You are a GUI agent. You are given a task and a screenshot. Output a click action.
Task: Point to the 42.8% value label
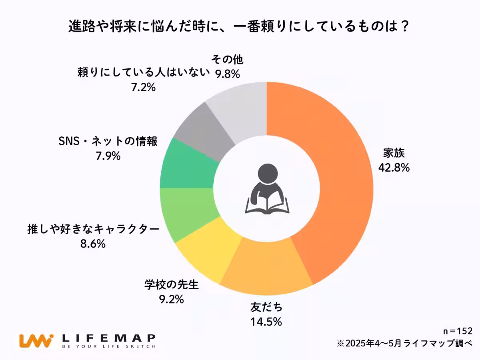click(x=394, y=168)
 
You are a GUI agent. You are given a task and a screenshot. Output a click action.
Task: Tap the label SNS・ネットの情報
click(x=108, y=142)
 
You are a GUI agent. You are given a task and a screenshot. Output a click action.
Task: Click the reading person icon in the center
click(x=266, y=188)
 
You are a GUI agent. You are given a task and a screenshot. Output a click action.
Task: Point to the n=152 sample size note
click(x=458, y=331)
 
